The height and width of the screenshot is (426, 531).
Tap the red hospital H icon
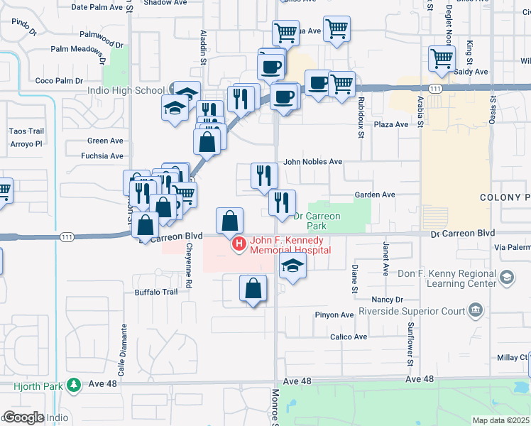(x=239, y=245)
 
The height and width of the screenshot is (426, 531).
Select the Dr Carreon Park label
(x=317, y=221)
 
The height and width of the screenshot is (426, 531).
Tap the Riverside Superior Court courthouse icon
(x=475, y=310)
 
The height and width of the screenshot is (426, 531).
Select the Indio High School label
(x=126, y=90)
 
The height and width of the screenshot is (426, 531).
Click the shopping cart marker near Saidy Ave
(x=442, y=60)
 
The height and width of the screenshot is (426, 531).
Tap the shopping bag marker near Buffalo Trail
(x=253, y=290)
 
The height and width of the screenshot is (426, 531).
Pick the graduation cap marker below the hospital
(x=292, y=268)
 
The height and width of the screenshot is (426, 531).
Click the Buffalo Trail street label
(x=155, y=292)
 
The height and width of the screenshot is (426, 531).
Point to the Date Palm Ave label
(x=98, y=7)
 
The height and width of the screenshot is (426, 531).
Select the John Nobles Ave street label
(x=313, y=162)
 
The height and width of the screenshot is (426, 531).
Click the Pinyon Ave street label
(x=337, y=315)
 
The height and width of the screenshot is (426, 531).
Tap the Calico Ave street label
(x=349, y=337)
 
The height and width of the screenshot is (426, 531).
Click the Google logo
(x=23, y=417)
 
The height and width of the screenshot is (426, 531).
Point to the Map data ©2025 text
(x=500, y=420)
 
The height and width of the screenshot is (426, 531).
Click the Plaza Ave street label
(x=392, y=124)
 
